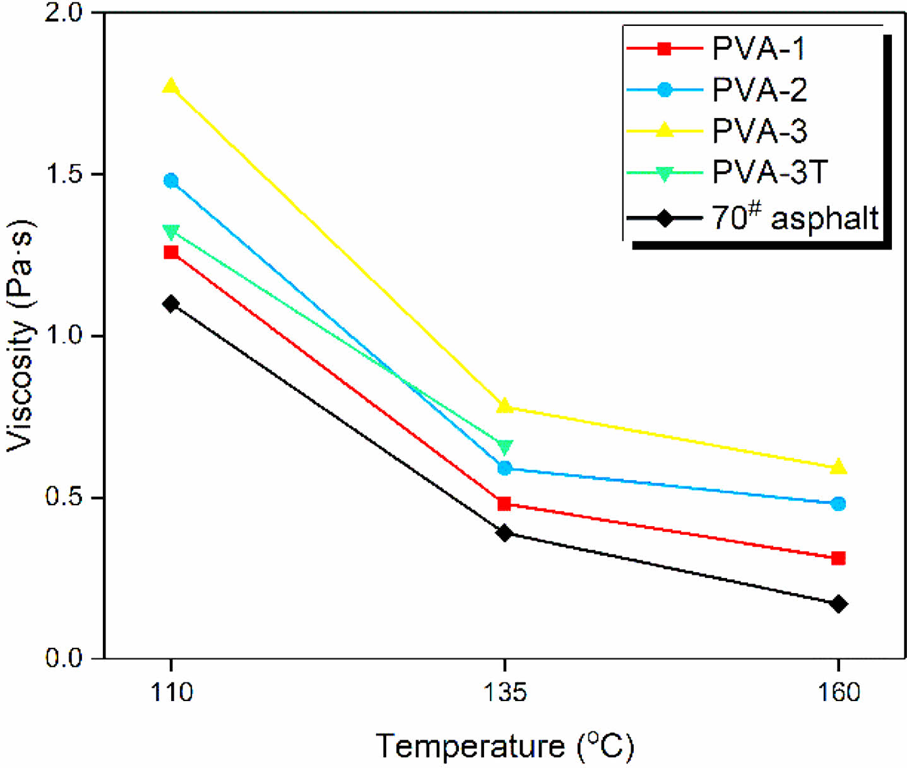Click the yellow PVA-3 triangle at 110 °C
[x=170, y=86]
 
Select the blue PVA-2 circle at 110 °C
[x=170, y=181]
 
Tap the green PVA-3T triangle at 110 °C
[x=170, y=232]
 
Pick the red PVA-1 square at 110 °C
[x=170, y=253]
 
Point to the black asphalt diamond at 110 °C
[x=170, y=304]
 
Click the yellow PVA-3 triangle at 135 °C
[x=504, y=406]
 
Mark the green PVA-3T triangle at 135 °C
[x=504, y=447]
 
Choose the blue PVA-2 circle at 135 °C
[x=504, y=468]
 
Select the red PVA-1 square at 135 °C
[x=504, y=504]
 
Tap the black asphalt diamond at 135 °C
[x=504, y=533]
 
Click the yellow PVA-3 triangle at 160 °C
[x=838, y=467]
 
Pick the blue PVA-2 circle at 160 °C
[x=838, y=503]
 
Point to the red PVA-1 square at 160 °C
[x=838, y=558]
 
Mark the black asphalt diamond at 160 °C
[x=838, y=604]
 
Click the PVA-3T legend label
[x=769, y=172]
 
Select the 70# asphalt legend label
[x=795, y=218]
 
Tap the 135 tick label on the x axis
[x=504, y=693]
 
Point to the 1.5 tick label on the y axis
[x=65, y=174]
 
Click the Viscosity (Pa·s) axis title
[x=20, y=335]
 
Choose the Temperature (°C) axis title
[x=504, y=746]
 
